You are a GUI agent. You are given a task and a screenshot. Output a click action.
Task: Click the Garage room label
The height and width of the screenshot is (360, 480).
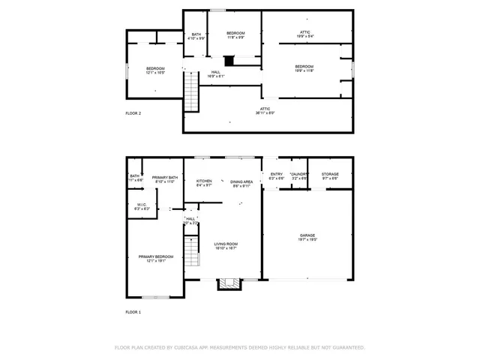point(307,235)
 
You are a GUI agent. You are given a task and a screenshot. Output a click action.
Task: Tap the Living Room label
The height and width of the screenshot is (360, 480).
point(226,244)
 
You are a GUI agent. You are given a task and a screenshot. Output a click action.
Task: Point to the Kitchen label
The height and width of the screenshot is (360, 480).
point(204,181)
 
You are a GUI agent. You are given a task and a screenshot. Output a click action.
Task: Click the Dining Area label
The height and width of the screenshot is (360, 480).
point(241,181)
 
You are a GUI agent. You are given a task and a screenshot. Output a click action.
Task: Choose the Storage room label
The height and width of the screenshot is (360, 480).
point(331,175)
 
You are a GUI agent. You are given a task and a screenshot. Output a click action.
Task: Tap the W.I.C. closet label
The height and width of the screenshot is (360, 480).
point(141,205)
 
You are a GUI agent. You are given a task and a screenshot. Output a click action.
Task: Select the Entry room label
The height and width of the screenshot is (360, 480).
point(277,175)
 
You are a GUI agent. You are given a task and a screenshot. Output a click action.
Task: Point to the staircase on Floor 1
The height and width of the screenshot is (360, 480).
point(193,250)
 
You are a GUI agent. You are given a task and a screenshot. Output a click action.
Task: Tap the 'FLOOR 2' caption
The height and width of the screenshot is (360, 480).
point(133,112)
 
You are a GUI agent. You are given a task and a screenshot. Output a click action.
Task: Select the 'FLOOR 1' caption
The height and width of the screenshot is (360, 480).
point(133,310)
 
